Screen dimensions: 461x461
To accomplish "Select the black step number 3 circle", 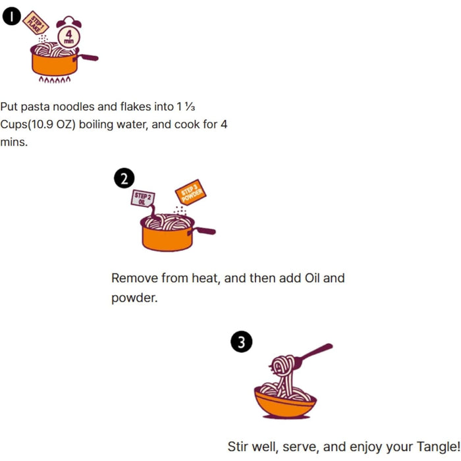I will [x=242, y=342].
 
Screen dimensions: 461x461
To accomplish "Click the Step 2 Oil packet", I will [x=144, y=198].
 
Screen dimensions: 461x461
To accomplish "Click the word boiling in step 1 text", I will [x=97, y=124].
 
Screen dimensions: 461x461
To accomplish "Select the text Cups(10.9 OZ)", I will [x=38, y=124].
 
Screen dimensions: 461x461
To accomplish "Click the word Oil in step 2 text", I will [x=313, y=278].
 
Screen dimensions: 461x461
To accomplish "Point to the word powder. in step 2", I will [x=134, y=298].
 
